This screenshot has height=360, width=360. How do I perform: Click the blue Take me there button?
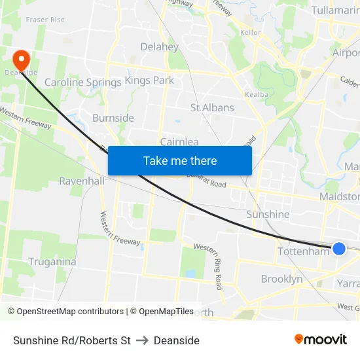pyautogui.click(x=180, y=161)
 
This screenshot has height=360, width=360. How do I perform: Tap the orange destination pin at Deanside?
pyautogui.click(x=21, y=60)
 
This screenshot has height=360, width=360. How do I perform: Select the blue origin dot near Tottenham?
pyautogui.click(x=339, y=248)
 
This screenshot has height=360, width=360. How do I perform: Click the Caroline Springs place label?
pyautogui.click(x=82, y=82)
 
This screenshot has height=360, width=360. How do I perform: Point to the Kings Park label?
pyautogui.click(x=149, y=81)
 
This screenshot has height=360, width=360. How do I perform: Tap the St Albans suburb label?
pyautogui.click(x=212, y=107)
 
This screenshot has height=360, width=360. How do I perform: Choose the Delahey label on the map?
pyautogui.click(x=159, y=46)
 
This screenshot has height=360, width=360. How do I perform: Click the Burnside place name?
pyautogui.click(x=113, y=118)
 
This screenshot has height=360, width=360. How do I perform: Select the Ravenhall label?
pyautogui.click(x=82, y=181)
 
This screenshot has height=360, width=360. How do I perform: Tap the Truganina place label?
pyautogui.click(x=52, y=262)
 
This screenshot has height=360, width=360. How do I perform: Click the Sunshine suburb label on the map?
pyautogui.click(x=268, y=214)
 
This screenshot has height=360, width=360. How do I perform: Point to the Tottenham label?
pyautogui.click(x=303, y=251)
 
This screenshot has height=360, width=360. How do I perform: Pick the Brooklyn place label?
pyautogui.click(x=282, y=279)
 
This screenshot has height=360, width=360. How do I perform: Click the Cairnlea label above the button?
pyautogui.click(x=179, y=141)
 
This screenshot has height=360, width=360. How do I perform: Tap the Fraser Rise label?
pyautogui.click(x=45, y=20)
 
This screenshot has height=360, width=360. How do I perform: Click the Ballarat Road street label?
pyautogui.click(x=209, y=185)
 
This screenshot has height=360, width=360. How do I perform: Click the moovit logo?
pyautogui.click(x=321, y=339)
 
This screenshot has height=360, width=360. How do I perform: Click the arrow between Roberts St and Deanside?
pyautogui.click(x=142, y=340)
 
